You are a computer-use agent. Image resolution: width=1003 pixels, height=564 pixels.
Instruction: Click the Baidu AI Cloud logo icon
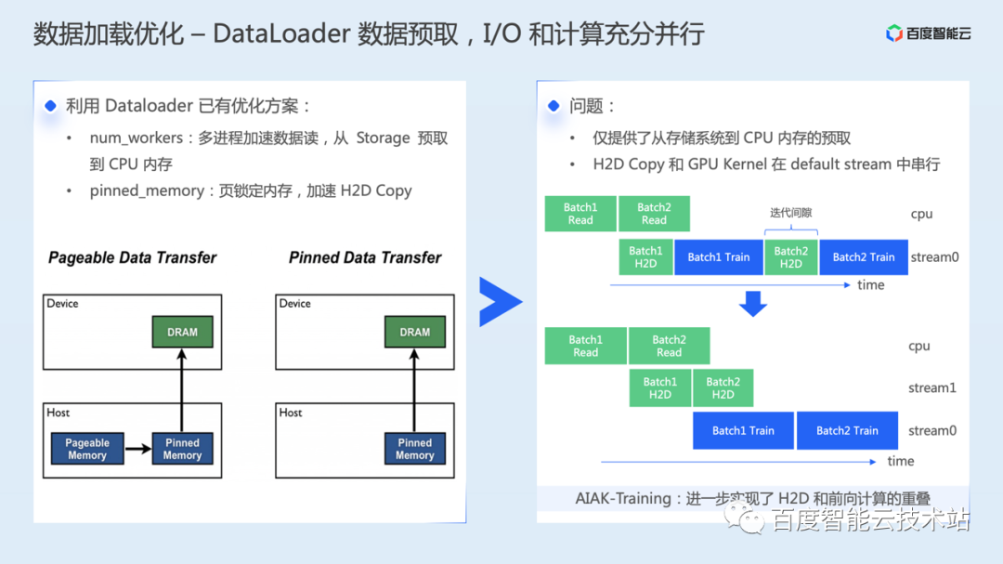click(894, 33)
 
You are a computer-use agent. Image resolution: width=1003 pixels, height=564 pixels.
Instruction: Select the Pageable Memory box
click(87, 449)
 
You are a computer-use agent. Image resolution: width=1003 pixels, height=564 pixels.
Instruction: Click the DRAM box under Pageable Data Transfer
click(182, 332)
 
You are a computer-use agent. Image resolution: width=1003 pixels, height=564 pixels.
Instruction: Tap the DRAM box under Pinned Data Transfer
click(414, 332)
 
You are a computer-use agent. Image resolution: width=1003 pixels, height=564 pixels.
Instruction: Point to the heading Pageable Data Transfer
click(132, 257)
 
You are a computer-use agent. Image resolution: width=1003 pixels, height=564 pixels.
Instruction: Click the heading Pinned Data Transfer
click(365, 257)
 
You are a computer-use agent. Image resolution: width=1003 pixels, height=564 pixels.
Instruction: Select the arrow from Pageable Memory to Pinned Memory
click(138, 450)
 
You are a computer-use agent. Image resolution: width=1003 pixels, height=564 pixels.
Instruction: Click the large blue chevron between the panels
click(500, 301)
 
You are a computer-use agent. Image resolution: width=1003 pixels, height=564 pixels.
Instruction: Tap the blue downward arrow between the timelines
click(752, 304)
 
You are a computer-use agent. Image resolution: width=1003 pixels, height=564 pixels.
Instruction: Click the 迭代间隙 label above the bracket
click(790, 212)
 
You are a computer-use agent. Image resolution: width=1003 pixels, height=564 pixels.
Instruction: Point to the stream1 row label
click(931, 387)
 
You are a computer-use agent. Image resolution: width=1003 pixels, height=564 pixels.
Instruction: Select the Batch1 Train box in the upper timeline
click(718, 257)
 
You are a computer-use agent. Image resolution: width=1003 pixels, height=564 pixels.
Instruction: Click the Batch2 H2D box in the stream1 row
click(723, 387)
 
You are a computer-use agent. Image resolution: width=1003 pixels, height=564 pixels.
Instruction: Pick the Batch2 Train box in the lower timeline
click(847, 430)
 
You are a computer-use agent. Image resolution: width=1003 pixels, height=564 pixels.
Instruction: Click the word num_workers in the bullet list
click(137, 138)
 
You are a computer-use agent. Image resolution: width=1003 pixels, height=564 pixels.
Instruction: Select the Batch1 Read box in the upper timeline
click(580, 214)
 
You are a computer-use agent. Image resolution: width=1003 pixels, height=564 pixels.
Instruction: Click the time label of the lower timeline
click(900, 461)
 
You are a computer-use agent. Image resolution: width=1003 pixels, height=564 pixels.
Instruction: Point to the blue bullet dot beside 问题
click(554, 106)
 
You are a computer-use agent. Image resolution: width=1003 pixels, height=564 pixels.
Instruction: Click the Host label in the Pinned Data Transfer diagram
click(291, 413)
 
